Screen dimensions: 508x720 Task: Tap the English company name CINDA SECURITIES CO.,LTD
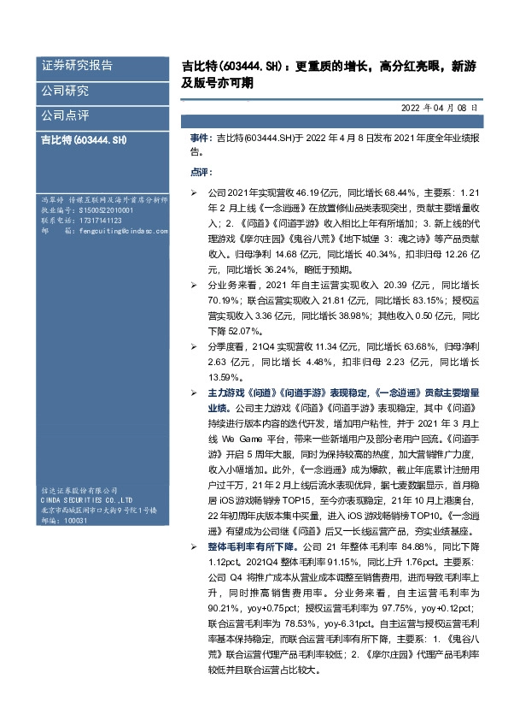pyautogui.click(x=85, y=499)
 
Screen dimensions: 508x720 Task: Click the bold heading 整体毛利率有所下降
pyautogui.click(x=250, y=546)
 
